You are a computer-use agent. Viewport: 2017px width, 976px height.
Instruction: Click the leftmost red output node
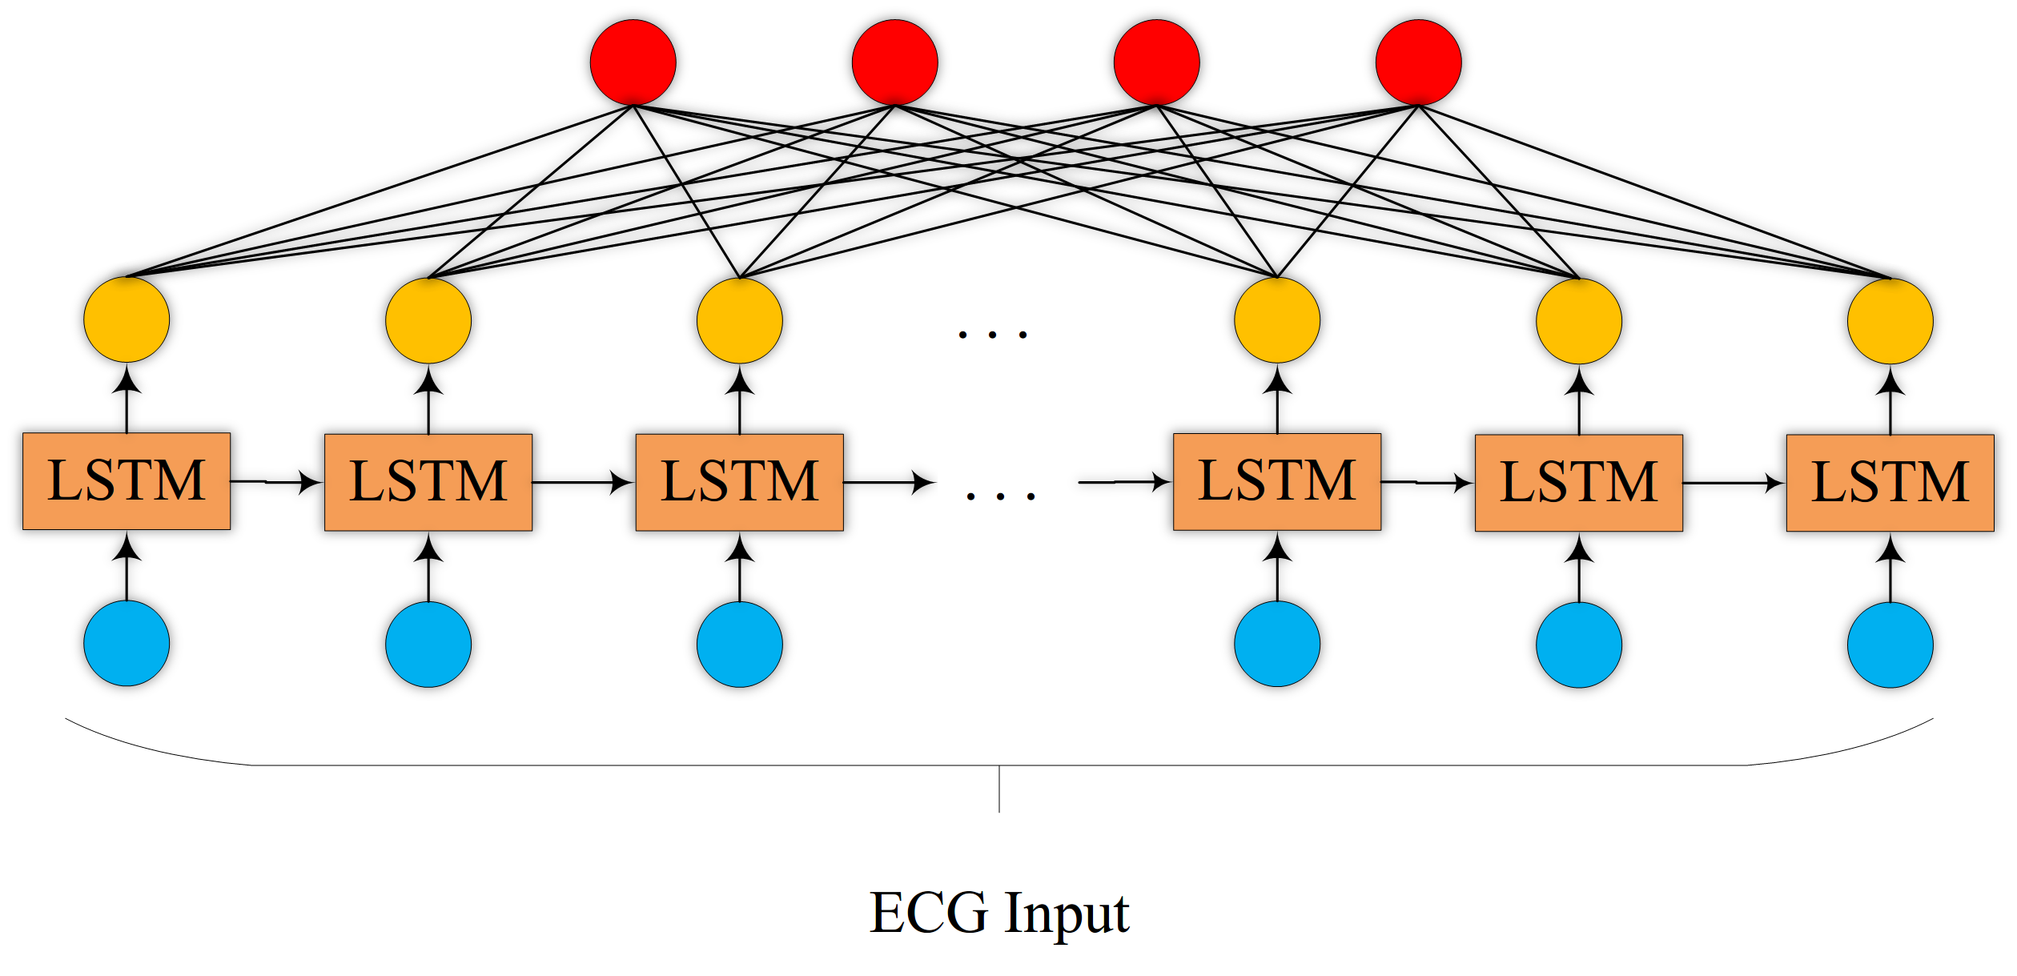click(633, 62)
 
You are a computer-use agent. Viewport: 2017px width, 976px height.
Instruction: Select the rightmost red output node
click(1418, 62)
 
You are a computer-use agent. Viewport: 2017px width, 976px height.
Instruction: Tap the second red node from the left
click(894, 62)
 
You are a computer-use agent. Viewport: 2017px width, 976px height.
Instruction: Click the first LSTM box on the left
click(127, 481)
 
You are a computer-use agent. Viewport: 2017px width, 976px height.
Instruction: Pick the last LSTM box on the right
click(1890, 483)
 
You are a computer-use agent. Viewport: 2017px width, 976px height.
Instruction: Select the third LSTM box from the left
click(739, 482)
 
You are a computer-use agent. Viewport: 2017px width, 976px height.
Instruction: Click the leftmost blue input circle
click(127, 644)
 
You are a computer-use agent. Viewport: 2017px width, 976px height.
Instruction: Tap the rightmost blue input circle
click(1890, 645)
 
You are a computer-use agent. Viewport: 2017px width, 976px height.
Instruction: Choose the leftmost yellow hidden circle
click(127, 319)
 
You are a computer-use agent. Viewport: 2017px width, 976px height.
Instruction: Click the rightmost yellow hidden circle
click(1890, 321)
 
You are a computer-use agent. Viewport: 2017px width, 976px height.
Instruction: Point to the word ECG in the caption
click(929, 913)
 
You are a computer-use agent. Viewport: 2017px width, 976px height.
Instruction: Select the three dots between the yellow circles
click(992, 335)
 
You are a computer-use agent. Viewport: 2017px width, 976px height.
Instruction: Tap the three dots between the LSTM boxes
click(1000, 496)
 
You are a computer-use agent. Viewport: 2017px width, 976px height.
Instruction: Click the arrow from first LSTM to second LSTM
click(277, 482)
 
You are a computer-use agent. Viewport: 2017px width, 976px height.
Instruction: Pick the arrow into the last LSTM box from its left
click(1734, 483)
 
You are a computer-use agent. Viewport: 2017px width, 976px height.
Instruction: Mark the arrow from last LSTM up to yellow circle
click(1890, 400)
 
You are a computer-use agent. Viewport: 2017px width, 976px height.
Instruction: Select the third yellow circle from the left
click(739, 320)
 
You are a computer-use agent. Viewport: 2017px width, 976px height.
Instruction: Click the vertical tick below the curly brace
click(998, 789)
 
